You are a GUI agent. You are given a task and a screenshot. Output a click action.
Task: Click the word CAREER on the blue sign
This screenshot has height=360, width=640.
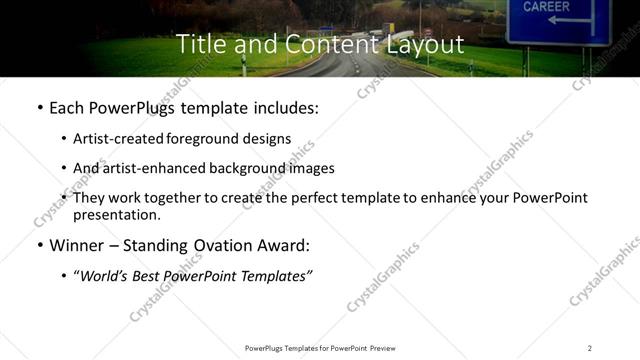point(546,6)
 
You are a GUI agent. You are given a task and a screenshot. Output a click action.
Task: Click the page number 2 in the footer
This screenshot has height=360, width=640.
point(589,347)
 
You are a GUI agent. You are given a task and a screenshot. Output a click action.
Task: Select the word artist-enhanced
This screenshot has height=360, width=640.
point(156,168)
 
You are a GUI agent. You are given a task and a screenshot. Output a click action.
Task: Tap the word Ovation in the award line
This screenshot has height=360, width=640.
point(229,245)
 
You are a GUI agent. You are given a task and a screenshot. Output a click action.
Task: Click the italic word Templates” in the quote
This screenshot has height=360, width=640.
point(278,276)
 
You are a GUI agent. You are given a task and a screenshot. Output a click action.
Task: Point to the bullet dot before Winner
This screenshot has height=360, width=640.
point(39,245)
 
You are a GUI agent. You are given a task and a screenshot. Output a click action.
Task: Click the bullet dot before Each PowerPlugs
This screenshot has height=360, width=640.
point(39,107)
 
